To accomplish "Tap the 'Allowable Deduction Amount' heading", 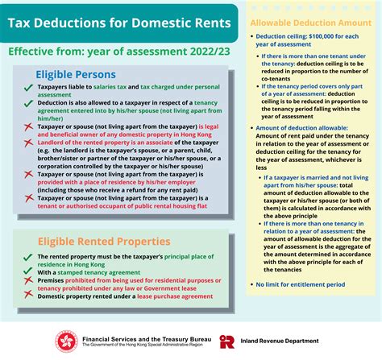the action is click(x=310, y=24).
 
